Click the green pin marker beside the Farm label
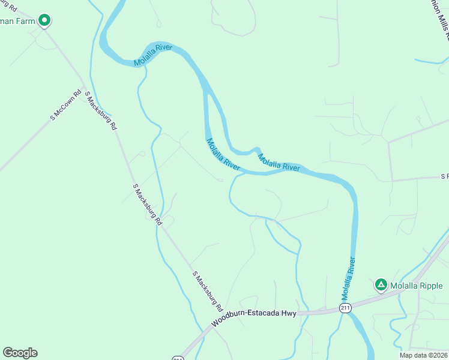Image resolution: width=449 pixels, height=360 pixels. click(x=44, y=21)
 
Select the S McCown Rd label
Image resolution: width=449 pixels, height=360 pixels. click(x=65, y=106)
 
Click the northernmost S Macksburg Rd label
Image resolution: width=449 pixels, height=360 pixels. click(x=101, y=112)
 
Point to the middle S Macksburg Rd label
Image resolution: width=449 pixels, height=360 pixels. click(x=147, y=205)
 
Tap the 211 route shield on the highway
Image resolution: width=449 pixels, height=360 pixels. click(x=345, y=308)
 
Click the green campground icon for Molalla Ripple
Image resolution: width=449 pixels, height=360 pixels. click(x=381, y=284)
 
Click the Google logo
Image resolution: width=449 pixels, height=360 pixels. click(x=20, y=353)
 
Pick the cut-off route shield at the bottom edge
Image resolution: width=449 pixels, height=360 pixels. click(x=178, y=358)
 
